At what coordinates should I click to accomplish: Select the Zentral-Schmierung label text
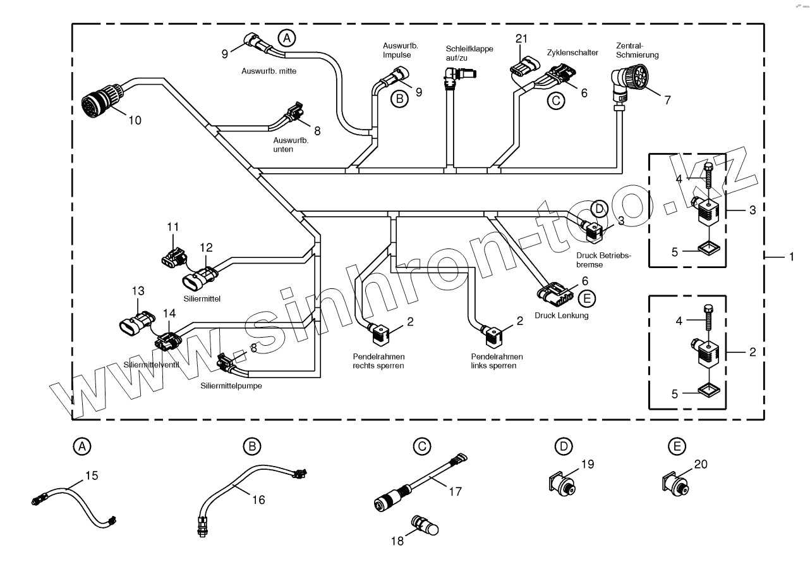click(x=638, y=50)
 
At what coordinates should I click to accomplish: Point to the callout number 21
click(x=522, y=39)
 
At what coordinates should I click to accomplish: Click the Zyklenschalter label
click(x=572, y=53)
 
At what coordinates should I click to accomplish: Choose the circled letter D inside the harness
click(x=599, y=208)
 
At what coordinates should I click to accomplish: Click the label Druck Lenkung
click(x=562, y=315)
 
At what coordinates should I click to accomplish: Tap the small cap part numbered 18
click(x=425, y=524)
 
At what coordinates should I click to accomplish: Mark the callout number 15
click(x=92, y=475)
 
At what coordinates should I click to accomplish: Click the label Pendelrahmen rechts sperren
click(x=379, y=361)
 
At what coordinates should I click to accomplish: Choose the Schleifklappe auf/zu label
click(x=469, y=52)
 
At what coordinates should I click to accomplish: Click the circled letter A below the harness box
click(x=81, y=446)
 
